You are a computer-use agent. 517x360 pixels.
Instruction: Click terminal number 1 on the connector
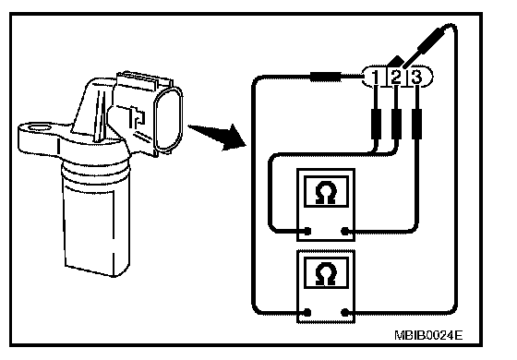pyautogui.click(x=375, y=77)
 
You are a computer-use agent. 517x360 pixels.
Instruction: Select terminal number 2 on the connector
pyautogui.click(x=396, y=77)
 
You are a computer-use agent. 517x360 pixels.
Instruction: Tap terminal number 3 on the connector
pyautogui.click(x=416, y=77)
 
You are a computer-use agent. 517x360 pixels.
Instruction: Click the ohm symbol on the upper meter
pyautogui.click(x=325, y=192)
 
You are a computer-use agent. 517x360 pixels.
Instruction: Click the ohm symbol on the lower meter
pyautogui.click(x=325, y=273)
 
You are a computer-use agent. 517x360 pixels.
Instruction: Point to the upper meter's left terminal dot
pyautogui.click(x=307, y=231)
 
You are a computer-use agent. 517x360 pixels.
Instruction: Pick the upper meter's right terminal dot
pyautogui.click(x=345, y=231)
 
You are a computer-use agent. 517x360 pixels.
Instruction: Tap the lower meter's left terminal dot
pyautogui.click(x=307, y=312)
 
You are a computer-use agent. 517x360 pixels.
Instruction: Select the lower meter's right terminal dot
pyautogui.click(x=345, y=312)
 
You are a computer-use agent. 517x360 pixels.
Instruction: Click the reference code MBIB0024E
pyautogui.click(x=428, y=335)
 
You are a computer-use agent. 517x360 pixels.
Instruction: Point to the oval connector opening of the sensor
pyautogui.click(x=168, y=120)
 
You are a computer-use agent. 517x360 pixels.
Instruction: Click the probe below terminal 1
pyautogui.click(x=376, y=124)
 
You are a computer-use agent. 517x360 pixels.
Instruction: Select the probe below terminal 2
pyautogui.click(x=396, y=124)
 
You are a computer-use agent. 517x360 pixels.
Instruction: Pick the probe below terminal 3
pyautogui.click(x=416, y=124)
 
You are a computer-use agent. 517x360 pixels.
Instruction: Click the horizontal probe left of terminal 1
pyautogui.click(x=326, y=77)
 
